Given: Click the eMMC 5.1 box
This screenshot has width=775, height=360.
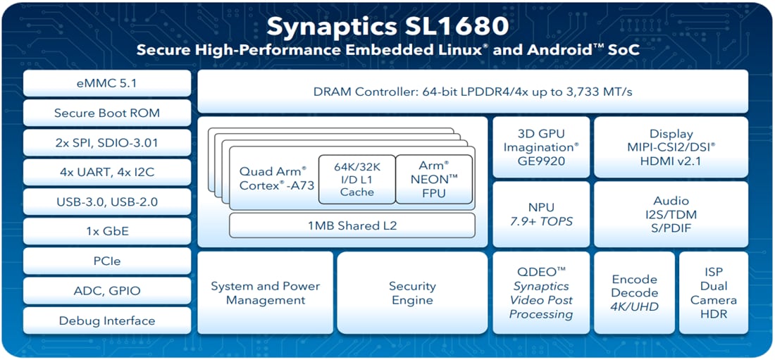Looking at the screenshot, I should [106, 83].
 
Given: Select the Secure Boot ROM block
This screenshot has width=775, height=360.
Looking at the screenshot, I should [106, 113].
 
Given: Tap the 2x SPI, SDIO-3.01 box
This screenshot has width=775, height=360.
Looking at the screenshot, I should [106, 143].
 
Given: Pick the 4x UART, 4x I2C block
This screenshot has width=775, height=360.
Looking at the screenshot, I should [106, 173].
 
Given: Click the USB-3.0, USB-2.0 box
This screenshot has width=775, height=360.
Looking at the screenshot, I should [106, 202].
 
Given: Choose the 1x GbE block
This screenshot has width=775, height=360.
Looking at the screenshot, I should [106, 231].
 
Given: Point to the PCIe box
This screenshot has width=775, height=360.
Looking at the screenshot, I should [106, 261].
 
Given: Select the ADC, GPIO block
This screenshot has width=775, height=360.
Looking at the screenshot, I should [106, 291].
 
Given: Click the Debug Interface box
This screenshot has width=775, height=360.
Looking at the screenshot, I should [106, 321].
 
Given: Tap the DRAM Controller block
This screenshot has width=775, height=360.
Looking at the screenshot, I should [472, 92].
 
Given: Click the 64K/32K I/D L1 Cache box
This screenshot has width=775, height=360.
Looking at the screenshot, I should [356, 179].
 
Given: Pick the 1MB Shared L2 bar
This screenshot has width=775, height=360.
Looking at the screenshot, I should [352, 226].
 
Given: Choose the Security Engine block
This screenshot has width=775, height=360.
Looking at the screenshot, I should [412, 293].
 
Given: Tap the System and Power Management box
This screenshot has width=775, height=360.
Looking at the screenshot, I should [265, 293].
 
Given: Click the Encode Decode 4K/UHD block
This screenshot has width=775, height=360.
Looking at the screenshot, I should [634, 293].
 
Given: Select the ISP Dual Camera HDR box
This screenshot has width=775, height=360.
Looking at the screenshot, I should [713, 293].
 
